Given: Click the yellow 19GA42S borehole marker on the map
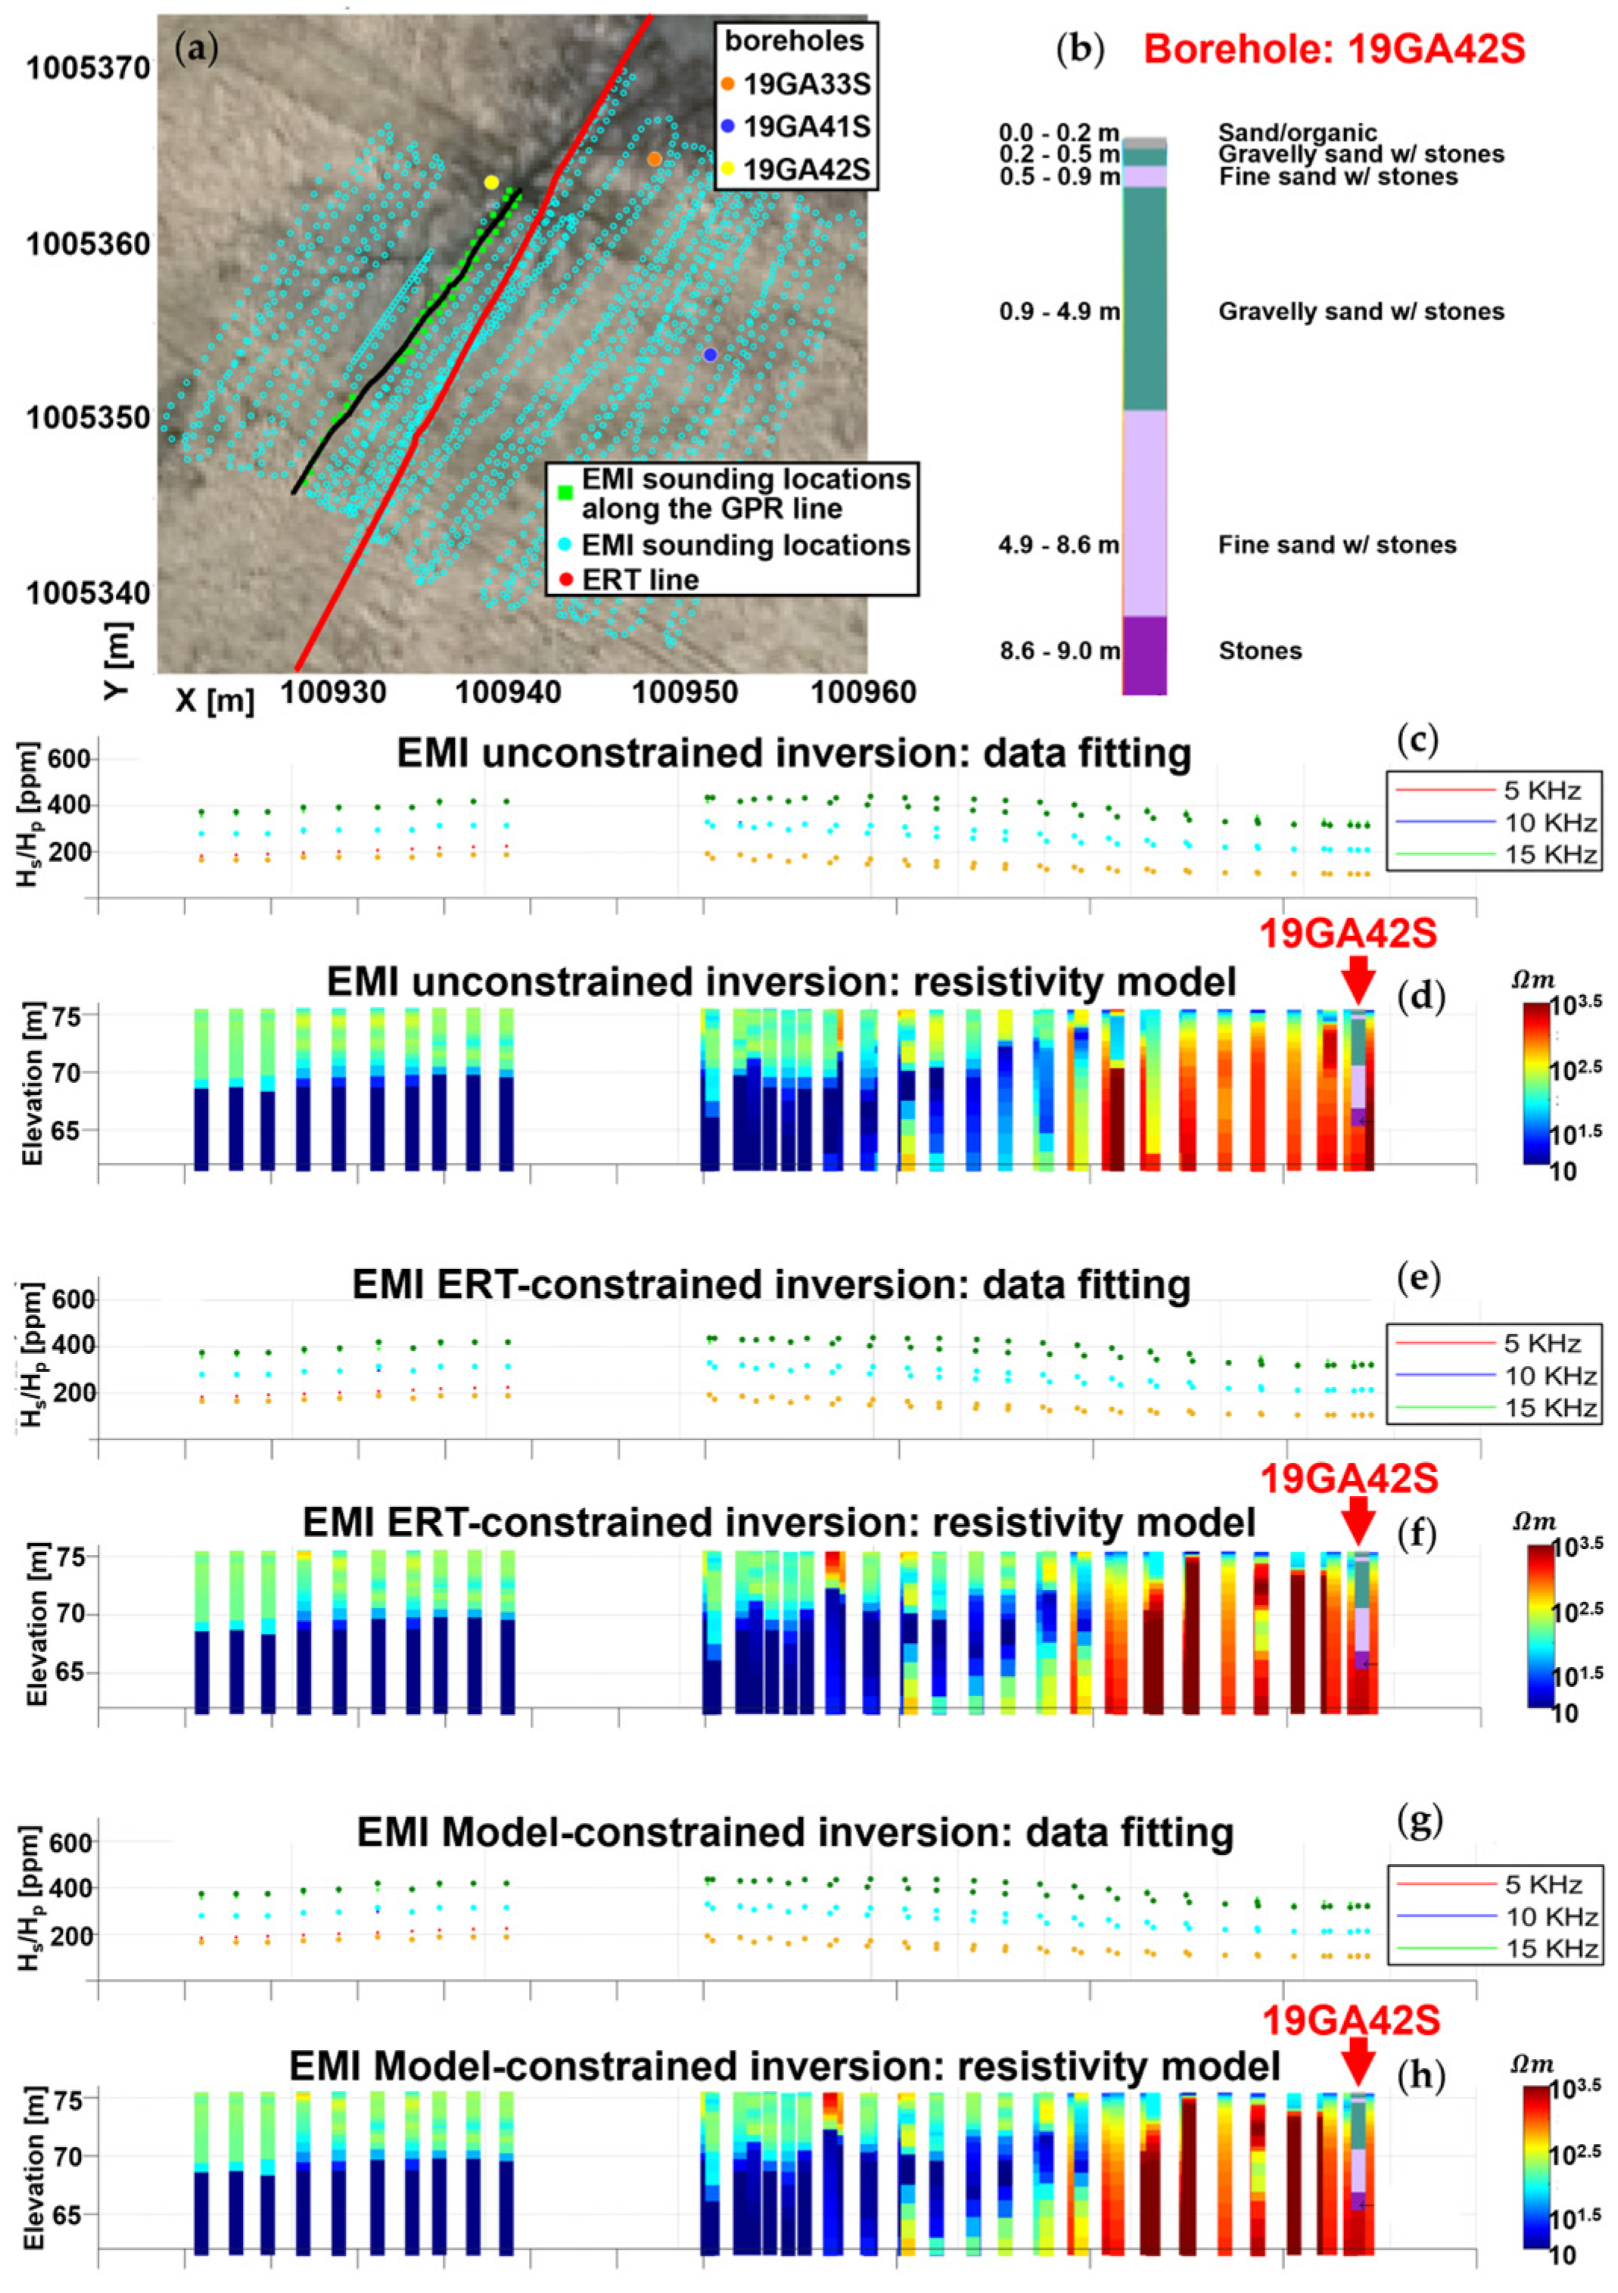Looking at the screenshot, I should (490, 182).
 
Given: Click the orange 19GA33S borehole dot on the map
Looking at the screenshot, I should (653, 159).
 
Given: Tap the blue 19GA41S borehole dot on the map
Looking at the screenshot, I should (710, 354).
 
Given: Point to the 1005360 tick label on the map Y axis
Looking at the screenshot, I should (88, 244).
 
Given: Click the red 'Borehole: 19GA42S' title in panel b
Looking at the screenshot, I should (1333, 48).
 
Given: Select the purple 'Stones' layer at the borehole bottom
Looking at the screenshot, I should (1143, 654).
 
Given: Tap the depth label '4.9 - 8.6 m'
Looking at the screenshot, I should (1059, 546).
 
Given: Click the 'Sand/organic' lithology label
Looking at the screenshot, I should (1296, 133).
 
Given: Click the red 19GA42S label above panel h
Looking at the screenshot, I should (1350, 2021).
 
